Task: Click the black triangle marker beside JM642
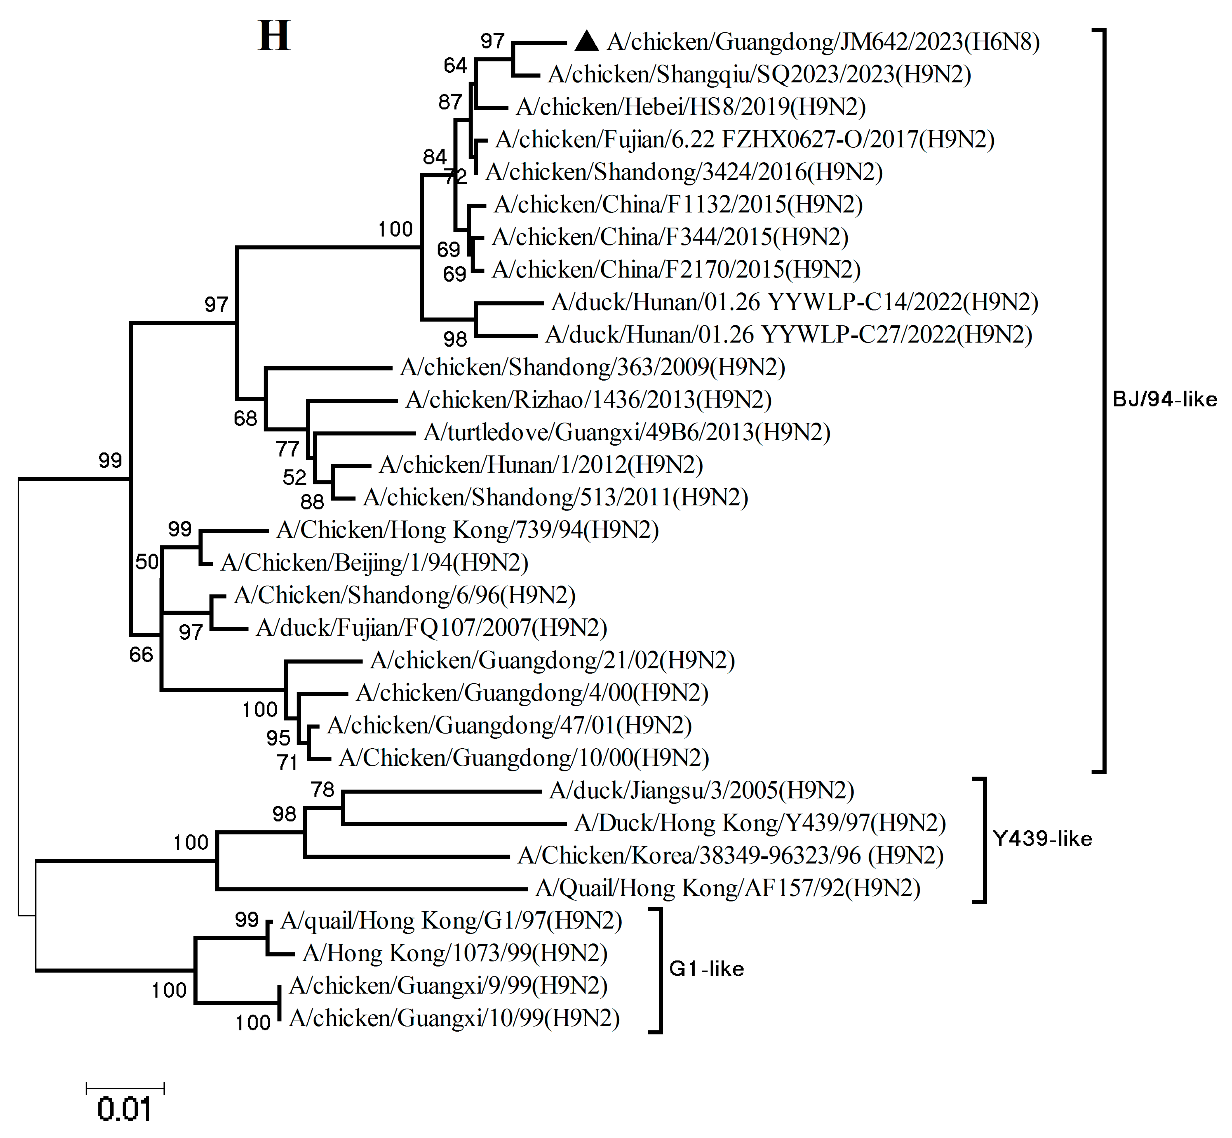(586, 41)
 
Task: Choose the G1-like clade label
(706, 969)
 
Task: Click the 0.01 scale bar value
(124, 1109)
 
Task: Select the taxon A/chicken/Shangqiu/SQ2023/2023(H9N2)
(759, 75)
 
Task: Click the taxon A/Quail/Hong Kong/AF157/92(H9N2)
(728, 888)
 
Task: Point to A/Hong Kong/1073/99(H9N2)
(455, 953)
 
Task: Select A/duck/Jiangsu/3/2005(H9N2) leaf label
(701, 791)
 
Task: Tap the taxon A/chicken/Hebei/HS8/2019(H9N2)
(691, 107)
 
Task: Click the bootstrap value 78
(323, 790)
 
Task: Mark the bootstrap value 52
(294, 477)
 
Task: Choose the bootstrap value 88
(312, 502)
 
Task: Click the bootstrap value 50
(147, 562)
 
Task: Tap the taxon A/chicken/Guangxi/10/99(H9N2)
(454, 1019)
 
